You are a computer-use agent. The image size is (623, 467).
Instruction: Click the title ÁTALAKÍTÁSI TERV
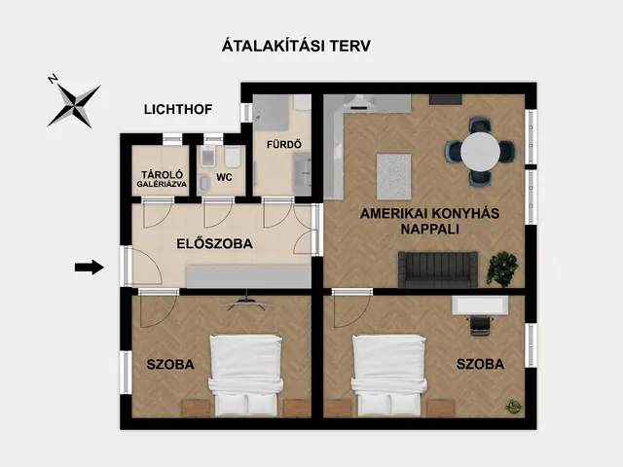pos(296,46)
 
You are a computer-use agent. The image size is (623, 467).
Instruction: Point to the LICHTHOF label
pos(178,109)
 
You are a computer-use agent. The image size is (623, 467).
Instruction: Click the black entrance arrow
pos(90,267)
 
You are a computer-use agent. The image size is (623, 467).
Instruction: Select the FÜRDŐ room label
pos(283,144)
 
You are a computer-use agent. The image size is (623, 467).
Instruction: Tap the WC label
pos(224,177)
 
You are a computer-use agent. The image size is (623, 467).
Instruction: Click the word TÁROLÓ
pos(163,175)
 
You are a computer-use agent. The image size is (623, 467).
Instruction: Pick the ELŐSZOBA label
pos(214,243)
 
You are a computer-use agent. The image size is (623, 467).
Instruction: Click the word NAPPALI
pos(430,230)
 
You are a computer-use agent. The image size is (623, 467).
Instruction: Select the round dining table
pos(480,152)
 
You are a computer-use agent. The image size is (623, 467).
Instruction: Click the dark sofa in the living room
pos(438,269)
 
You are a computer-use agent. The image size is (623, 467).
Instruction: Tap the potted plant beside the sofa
pos(502,269)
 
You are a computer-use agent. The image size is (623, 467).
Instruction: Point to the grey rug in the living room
pos(393,177)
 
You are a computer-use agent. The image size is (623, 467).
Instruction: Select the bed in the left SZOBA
pos(246,376)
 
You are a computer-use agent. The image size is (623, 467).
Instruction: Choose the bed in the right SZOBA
pos(389,376)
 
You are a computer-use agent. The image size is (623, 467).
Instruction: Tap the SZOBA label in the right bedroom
pos(480,364)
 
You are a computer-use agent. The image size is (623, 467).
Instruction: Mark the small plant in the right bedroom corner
pos(513,406)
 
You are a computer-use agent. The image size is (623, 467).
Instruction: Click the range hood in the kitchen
pos(361,102)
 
